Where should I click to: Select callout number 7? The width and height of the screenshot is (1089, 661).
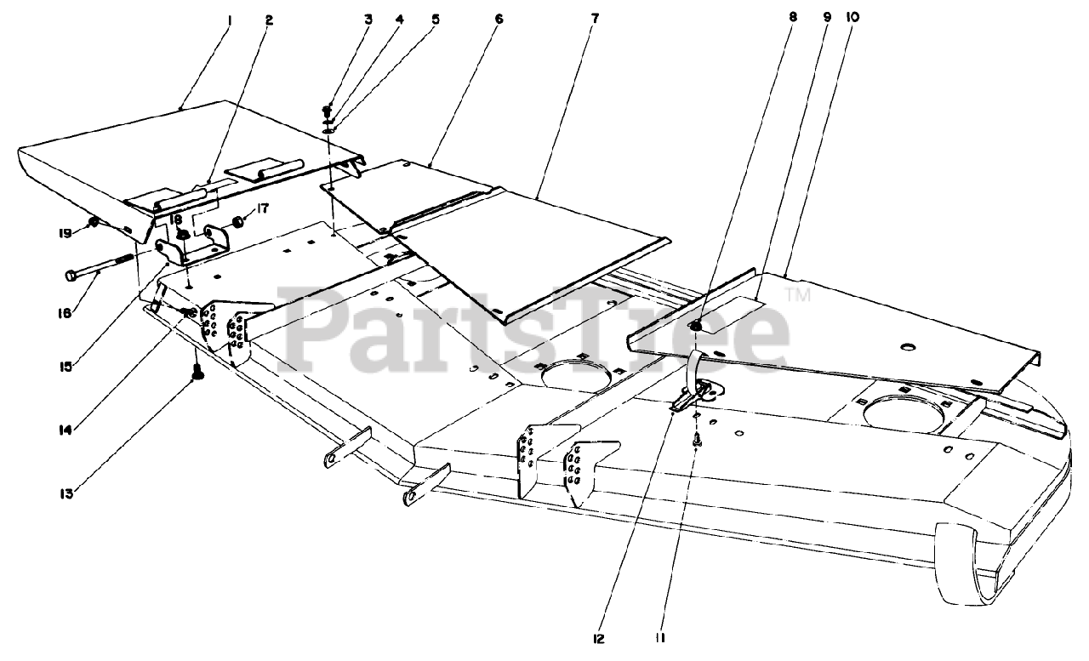[x=594, y=18]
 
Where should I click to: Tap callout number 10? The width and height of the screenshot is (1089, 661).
[x=853, y=18]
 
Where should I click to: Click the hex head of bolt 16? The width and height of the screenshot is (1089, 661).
[x=71, y=275]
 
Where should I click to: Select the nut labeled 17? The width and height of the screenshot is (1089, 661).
[x=239, y=223]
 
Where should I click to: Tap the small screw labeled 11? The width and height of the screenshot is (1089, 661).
[x=697, y=440]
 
